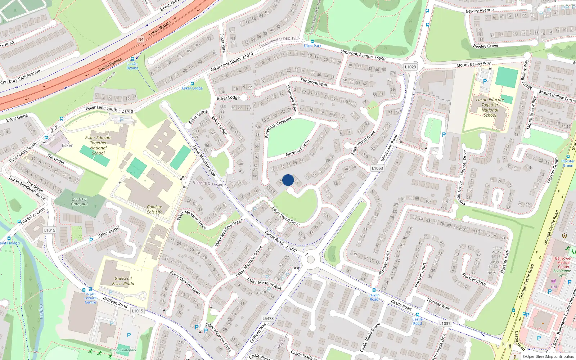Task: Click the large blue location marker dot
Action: [x=288, y=180]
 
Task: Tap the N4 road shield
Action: [x=141, y=39]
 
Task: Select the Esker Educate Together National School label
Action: [x=98, y=145]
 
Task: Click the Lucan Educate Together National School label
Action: [x=490, y=107]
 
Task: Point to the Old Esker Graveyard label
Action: [x=79, y=202]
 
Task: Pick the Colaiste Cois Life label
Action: [x=154, y=210]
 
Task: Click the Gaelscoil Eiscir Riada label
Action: [x=123, y=281]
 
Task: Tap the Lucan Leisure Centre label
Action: [x=90, y=298]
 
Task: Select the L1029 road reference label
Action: [x=410, y=67]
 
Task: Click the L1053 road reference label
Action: [x=377, y=168]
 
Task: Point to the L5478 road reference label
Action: [x=268, y=318]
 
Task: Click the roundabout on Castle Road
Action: [x=311, y=259]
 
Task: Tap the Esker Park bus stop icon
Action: [x=312, y=41]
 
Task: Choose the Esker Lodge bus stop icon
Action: [x=192, y=84]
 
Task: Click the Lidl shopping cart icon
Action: [x=553, y=281]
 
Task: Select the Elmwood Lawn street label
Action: [x=297, y=148]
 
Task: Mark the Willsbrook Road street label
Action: [x=389, y=148]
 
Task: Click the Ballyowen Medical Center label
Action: [x=564, y=262]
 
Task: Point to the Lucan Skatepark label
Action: [x=123, y=350]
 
